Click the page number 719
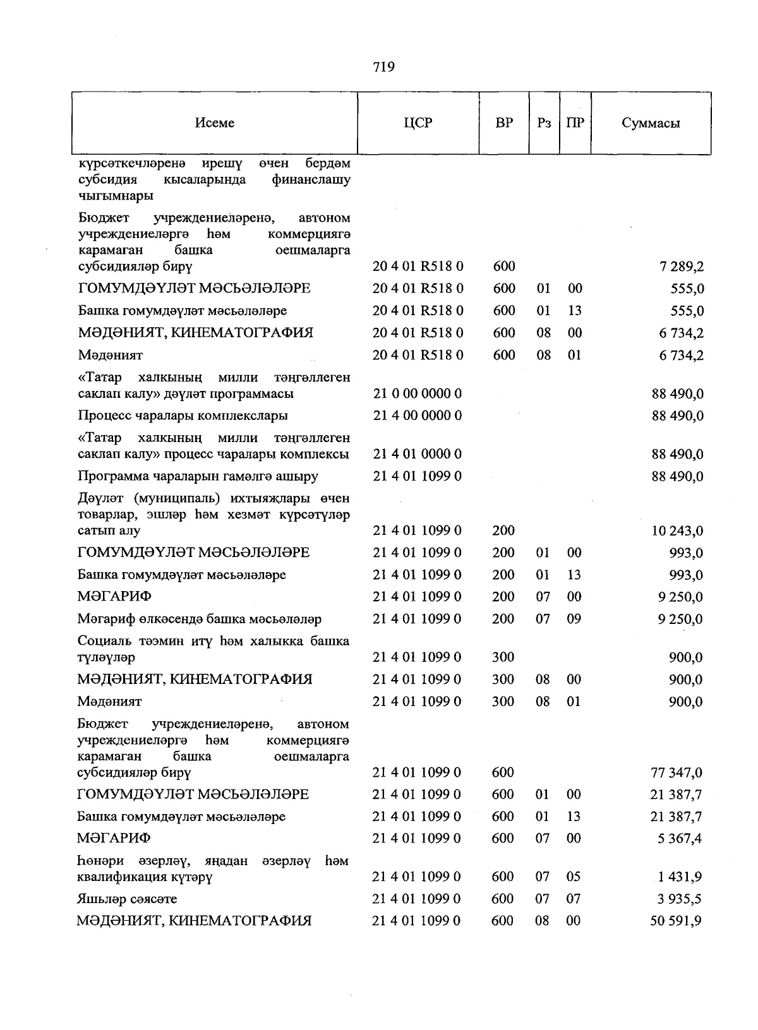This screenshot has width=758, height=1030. click(383, 67)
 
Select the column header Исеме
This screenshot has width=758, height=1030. click(215, 123)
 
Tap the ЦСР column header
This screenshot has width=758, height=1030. click(418, 123)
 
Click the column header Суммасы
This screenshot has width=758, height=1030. click(650, 123)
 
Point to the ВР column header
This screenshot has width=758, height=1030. click(504, 123)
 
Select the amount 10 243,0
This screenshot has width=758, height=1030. click(677, 531)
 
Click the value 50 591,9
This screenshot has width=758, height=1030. click(677, 921)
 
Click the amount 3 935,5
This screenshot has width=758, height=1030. click(680, 899)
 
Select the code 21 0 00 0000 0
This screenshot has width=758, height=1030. click(417, 394)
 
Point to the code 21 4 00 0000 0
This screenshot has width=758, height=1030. click(417, 416)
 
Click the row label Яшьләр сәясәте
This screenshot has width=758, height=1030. click(127, 899)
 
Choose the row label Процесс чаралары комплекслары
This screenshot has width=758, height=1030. click(183, 416)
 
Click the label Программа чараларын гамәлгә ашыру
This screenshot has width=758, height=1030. click(198, 476)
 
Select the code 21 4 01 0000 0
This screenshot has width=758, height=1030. click(417, 455)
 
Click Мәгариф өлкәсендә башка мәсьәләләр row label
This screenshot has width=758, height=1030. click(200, 619)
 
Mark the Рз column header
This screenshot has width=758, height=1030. click(544, 123)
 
